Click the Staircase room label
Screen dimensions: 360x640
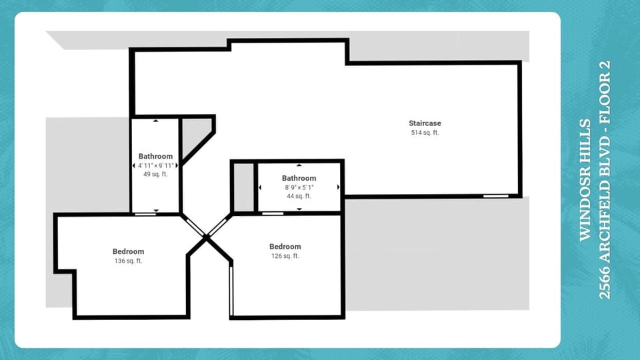pyautogui.click(x=425, y=123)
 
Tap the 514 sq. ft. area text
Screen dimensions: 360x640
pyautogui.click(x=425, y=133)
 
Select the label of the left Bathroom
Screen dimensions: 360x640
pyautogui.click(x=155, y=156)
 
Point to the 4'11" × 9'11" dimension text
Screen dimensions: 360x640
pyautogui.click(x=155, y=165)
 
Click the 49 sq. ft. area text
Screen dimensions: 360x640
pyautogui.click(x=155, y=174)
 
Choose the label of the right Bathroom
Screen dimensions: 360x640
pyautogui.click(x=299, y=178)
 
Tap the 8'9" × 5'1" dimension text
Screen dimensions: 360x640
pyautogui.click(x=299, y=187)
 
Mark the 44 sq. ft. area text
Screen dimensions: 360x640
pyautogui.click(x=299, y=196)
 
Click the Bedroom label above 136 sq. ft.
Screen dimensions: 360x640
pyautogui.click(x=128, y=251)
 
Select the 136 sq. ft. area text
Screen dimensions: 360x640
pyautogui.click(x=128, y=261)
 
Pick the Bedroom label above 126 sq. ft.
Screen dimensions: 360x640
pyautogui.click(x=285, y=247)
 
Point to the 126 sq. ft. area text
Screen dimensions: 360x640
pyautogui.click(x=285, y=256)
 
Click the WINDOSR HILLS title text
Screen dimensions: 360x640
pyautogui.click(x=585, y=180)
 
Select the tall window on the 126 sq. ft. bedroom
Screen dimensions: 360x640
pyautogui.click(x=231, y=291)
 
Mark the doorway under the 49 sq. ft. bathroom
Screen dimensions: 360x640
pyautogui.click(x=145, y=214)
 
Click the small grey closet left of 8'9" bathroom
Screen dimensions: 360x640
pyautogui.click(x=243, y=187)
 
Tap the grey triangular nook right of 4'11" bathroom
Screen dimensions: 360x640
pyautogui.click(x=195, y=133)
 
